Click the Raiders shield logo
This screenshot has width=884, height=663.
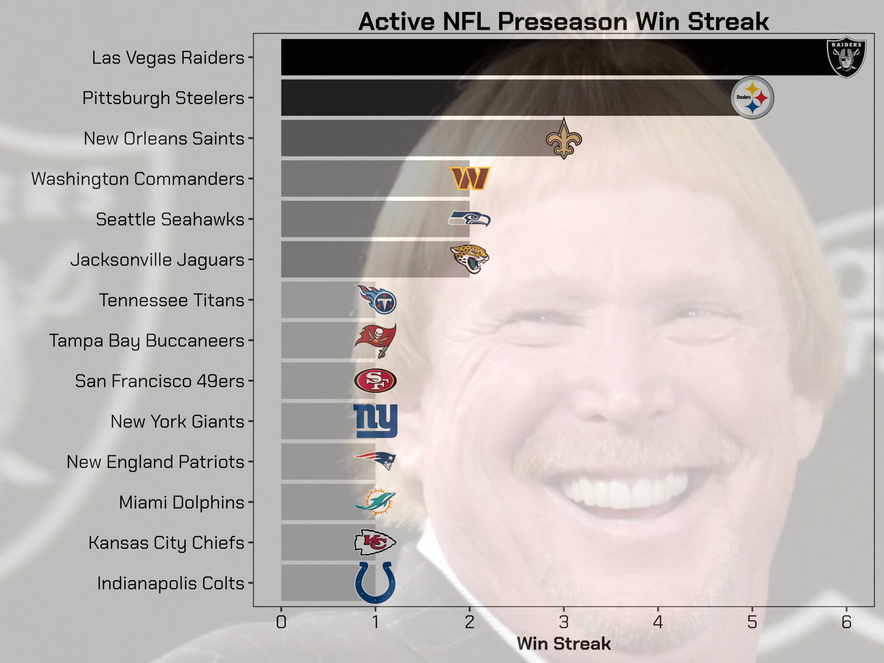coord(846,57)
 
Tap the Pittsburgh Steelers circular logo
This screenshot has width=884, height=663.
coord(752,98)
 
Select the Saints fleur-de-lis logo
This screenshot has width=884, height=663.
coord(564,139)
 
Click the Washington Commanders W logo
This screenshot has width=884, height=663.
coord(470,178)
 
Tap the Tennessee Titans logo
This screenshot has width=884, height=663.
coord(376,300)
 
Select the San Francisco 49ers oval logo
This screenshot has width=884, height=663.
coord(375,380)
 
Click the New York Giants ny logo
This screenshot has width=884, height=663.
coord(375,421)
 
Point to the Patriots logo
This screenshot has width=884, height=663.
coord(375,461)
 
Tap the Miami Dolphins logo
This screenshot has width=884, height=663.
coord(375,502)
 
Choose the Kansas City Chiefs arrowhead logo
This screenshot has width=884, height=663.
coord(375,542)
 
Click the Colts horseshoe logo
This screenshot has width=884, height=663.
coord(375,583)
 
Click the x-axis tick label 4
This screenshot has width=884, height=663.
coord(658,622)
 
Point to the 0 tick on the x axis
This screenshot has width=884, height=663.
coord(281,622)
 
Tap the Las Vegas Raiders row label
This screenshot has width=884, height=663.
coord(168,57)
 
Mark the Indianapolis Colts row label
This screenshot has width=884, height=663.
coord(171,583)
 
